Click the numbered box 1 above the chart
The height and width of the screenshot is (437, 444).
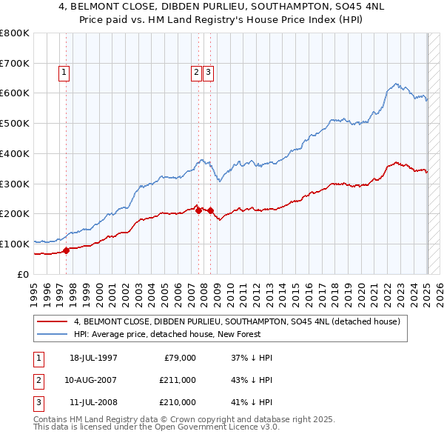[x=64, y=73]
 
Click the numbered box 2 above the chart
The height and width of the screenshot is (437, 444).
[x=196, y=73]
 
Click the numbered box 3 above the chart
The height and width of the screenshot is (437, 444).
[x=208, y=73]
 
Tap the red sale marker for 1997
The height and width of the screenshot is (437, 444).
[x=66, y=250]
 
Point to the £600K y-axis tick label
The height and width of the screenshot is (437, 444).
[x=15, y=93]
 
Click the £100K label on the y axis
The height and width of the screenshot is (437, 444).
[x=15, y=244]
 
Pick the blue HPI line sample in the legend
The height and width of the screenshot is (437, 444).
[x=53, y=334]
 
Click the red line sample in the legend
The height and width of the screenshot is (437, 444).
[x=53, y=321]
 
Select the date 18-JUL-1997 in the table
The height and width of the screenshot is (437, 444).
[x=93, y=358]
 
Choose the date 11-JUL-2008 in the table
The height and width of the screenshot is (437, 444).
[x=93, y=402]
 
